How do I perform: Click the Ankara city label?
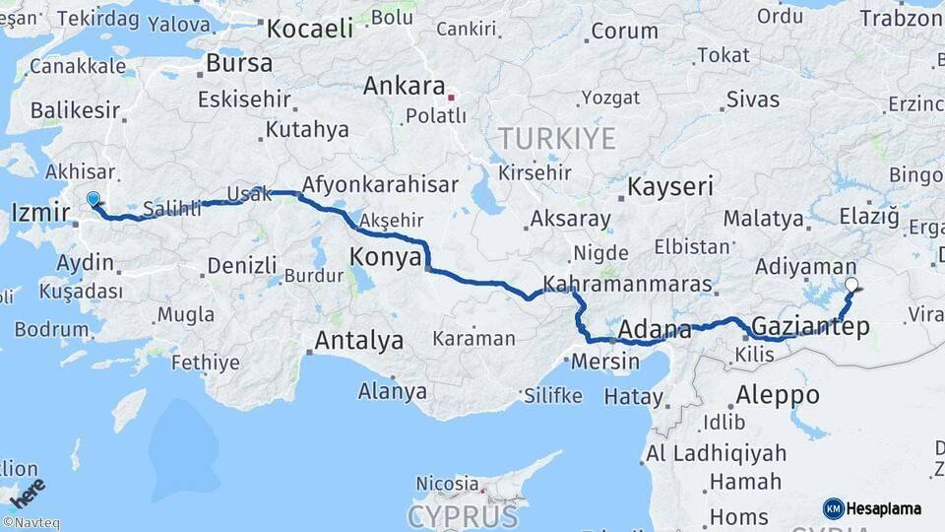point(405,86)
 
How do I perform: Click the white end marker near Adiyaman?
point(852,286)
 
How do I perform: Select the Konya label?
point(385,258)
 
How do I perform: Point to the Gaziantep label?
point(810,326)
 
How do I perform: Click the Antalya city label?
point(358,341)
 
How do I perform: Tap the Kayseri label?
point(670,186)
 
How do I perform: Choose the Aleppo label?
point(778,395)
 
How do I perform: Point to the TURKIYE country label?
point(556,138)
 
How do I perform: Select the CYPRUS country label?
point(463,515)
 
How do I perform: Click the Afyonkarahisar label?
point(381,185)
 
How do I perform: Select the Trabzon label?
point(901,18)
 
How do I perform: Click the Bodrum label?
point(38,328)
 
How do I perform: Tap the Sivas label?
point(752,100)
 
